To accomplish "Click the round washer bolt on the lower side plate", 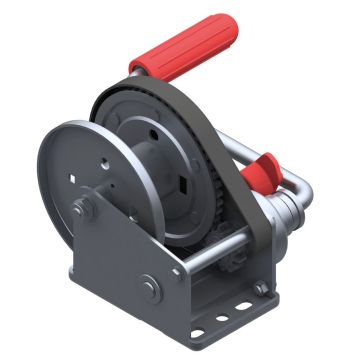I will (x=149, y=286).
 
